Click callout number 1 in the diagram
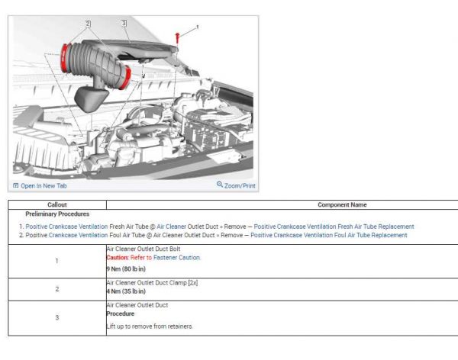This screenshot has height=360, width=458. [197, 27]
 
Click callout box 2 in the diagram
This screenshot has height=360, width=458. [89, 24]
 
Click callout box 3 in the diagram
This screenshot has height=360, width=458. [124, 24]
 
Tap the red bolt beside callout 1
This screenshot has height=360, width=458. [177, 37]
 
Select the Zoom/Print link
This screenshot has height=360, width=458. [237, 185]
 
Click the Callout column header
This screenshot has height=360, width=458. [57, 204]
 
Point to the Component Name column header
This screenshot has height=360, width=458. [341, 204]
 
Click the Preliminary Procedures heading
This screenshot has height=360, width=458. [57, 214]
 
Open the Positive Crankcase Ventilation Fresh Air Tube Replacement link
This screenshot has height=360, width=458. [334, 227]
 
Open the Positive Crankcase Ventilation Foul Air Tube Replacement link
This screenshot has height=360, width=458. [328, 236]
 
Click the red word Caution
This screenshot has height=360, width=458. [118, 258]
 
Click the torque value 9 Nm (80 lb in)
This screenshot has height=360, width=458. [126, 269]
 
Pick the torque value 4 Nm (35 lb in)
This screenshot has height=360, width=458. [126, 291]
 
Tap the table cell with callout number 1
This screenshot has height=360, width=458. [57, 261]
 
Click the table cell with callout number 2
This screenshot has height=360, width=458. [57, 289]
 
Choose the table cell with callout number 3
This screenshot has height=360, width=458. [57, 317]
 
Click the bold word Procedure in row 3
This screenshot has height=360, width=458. [121, 313]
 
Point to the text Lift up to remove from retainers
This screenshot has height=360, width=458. [150, 326]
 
